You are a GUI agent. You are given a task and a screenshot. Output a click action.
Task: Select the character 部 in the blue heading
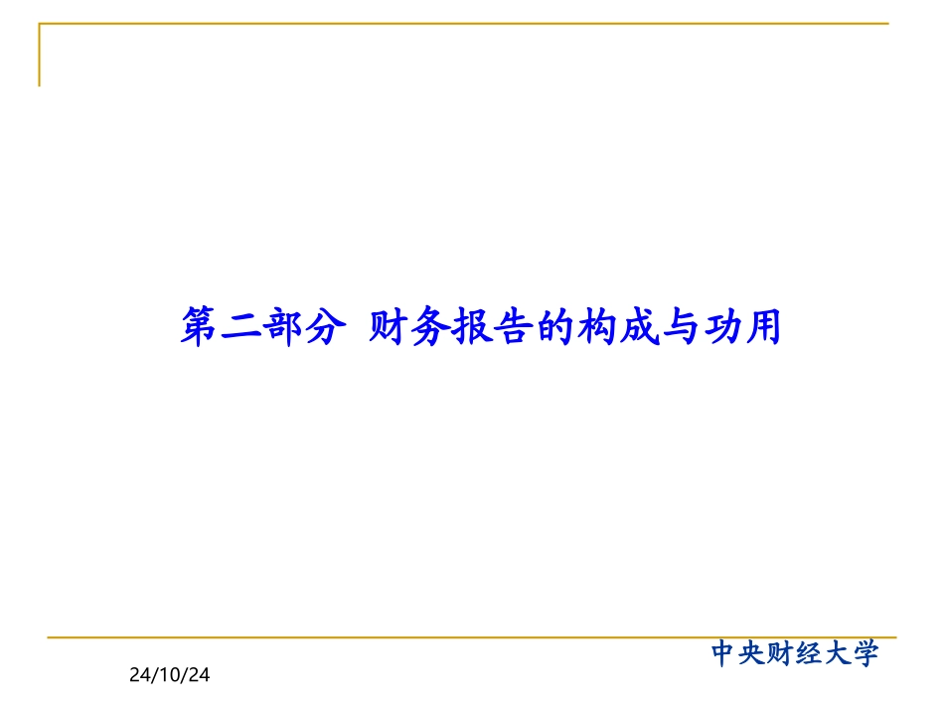(285, 326)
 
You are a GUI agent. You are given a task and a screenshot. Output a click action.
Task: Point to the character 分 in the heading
(327, 326)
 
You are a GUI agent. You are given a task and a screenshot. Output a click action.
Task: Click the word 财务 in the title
(410, 326)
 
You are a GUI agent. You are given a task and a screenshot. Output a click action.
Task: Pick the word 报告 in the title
(494, 326)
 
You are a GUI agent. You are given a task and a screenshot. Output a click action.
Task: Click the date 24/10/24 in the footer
(170, 676)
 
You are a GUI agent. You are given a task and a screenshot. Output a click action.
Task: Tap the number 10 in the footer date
(170, 676)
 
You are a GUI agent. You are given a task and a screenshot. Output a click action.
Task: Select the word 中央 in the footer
(738, 653)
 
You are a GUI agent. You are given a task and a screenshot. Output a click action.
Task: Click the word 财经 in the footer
(795, 653)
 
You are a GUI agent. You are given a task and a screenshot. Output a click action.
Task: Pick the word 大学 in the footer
(851, 653)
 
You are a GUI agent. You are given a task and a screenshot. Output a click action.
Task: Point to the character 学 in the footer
(865, 653)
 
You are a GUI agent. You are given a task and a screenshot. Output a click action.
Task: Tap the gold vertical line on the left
(40, 55)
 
